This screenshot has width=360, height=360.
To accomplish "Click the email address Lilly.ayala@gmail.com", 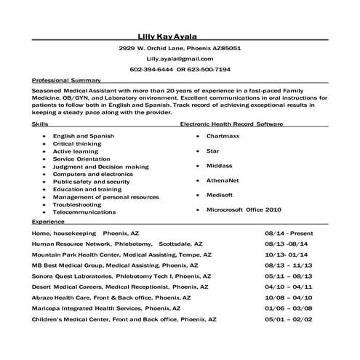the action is (180, 58).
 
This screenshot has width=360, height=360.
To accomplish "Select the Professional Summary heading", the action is (65, 80).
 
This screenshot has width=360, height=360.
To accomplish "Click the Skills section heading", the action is (40, 125).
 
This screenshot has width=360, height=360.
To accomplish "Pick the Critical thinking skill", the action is (77, 143).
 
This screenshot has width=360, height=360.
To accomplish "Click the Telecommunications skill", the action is (84, 212).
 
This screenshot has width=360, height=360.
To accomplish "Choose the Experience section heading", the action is (48, 220).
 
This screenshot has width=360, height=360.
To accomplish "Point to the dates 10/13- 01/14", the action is (287, 256).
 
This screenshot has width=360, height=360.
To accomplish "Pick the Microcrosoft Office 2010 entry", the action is (244, 209).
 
